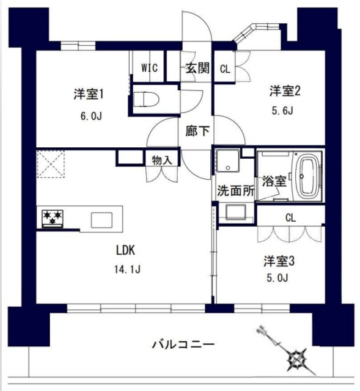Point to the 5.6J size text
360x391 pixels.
282,111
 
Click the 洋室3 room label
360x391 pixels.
279,261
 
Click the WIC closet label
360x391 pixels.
150,68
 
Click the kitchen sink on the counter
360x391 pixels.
103,219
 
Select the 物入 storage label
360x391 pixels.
162,159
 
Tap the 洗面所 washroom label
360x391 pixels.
233,190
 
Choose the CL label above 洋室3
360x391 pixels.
290,216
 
